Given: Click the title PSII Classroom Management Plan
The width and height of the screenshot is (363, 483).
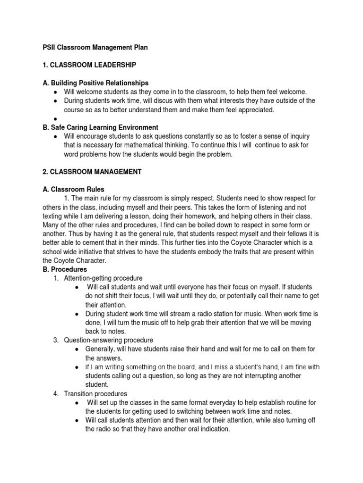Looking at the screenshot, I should (95, 48).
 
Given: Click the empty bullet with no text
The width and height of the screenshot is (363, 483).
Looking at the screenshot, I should (56, 119).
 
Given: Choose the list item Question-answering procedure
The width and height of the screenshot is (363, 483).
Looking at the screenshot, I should (109, 340).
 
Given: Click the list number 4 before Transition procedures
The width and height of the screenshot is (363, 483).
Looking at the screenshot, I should (56, 393).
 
